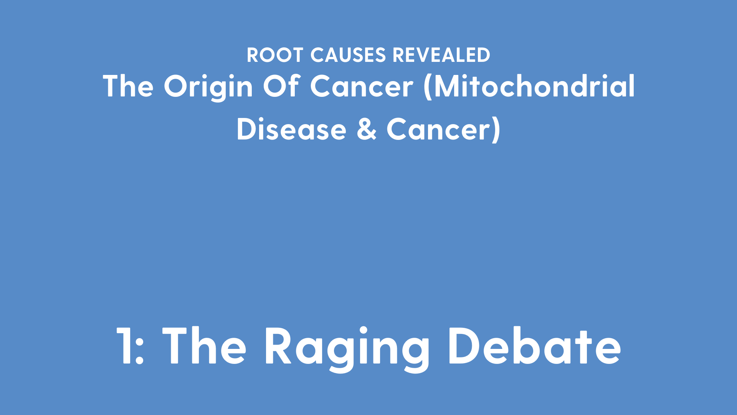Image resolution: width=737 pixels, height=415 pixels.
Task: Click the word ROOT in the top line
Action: pos(275,55)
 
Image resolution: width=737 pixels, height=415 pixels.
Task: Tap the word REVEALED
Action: pos(441,55)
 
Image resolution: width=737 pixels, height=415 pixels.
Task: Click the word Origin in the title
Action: pos(208,87)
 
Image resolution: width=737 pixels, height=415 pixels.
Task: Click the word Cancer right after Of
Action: pos(362,86)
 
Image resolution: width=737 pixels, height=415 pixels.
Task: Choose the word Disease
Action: pos(291,129)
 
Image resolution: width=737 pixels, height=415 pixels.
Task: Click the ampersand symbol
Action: pos(367,129)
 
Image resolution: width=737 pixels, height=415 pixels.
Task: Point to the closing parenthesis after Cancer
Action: pos(496,130)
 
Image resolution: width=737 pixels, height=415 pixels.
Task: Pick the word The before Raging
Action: pos(205,345)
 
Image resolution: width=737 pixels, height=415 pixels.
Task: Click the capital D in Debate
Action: pos(464,345)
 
